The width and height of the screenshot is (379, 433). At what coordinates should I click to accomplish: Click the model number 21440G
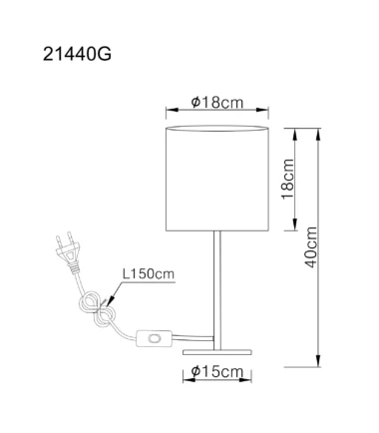click(x=77, y=54)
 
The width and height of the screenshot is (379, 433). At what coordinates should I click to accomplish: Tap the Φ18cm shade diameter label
click(x=217, y=103)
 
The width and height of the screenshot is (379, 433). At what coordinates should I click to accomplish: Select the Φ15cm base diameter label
click(x=217, y=371)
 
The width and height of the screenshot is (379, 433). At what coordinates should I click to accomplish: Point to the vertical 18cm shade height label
click(x=288, y=179)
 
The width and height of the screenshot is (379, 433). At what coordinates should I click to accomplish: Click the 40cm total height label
click(x=311, y=247)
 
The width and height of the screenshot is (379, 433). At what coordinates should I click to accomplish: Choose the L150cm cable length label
click(x=149, y=274)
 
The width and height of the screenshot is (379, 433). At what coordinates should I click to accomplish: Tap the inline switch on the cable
click(x=155, y=338)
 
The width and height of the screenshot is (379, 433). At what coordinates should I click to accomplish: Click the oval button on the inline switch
click(x=155, y=338)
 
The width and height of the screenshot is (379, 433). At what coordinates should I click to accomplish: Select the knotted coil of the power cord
click(x=97, y=308)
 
